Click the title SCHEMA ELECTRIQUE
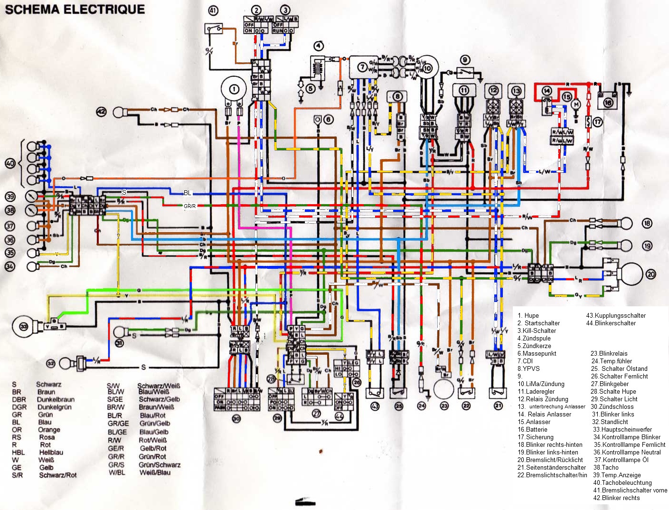click(75, 9)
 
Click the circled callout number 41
click(213, 10)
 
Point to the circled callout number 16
click(608, 102)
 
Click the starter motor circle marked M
click(577, 104)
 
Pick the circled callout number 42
click(102, 112)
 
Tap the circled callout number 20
click(650, 274)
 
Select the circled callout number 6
click(329, 120)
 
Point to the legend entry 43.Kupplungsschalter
click(616, 315)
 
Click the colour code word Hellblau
click(51, 453)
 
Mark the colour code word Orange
click(49, 430)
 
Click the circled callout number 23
click(444, 406)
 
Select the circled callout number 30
click(236, 418)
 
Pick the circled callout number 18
click(647, 223)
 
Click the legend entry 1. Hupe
click(528, 315)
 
